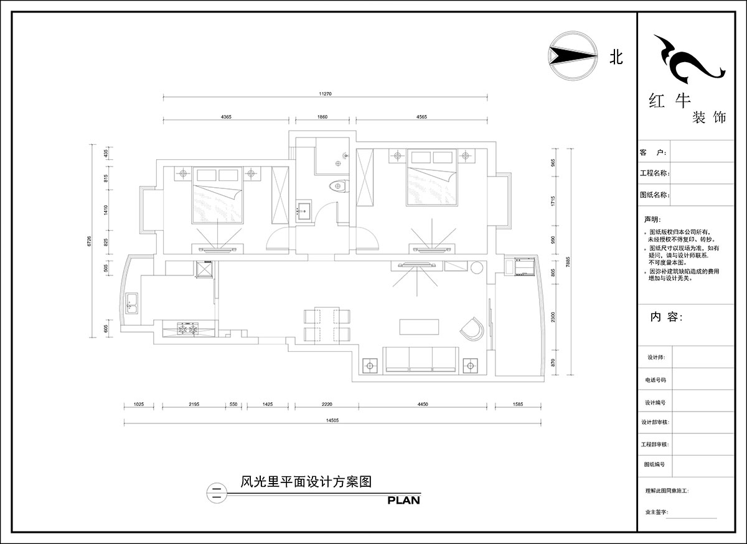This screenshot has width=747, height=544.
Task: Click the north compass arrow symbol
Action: click(568, 56)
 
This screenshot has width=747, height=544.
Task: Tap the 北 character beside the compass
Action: click(615, 57)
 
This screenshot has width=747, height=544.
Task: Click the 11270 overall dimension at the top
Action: click(325, 94)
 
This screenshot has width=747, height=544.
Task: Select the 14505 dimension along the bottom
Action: click(332, 420)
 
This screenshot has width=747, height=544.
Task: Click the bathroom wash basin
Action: click(304, 210)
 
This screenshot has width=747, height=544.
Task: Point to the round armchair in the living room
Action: click(471, 328)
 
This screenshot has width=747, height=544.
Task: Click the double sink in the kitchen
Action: click(132, 304)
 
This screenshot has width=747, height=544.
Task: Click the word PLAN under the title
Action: click(403, 499)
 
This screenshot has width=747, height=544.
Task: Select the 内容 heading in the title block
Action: click(666, 316)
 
